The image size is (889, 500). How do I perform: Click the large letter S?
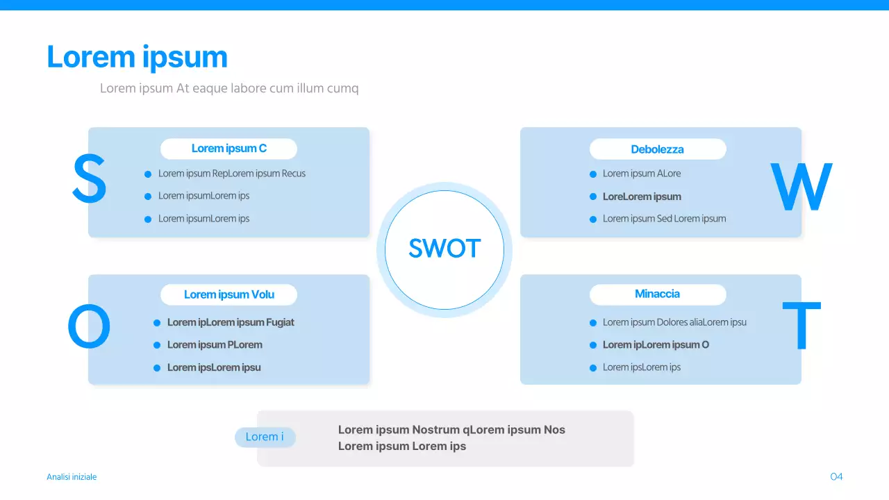point(90,178)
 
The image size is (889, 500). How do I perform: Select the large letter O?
point(89,326)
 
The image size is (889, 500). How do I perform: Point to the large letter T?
point(801,325)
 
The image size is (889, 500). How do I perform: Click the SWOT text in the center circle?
point(444,249)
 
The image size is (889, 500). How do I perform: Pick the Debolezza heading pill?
point(658,149)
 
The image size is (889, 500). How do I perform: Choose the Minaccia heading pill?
point(658,294)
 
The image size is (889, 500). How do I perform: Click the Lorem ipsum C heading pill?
point(229,149)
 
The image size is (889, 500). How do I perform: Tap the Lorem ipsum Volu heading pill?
point(229,294)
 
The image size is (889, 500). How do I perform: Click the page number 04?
point(836,476)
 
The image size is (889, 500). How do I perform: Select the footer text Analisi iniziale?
point(72,476)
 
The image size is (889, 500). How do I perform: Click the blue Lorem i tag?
point(265,437)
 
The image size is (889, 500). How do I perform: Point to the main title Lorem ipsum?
point(137,57)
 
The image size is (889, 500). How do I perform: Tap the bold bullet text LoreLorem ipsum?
point(642,197)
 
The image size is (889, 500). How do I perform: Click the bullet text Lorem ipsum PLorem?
point(215,344)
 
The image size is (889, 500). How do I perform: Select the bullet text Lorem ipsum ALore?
point(641,174)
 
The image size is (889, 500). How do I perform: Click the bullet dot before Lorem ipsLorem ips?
point(593,368)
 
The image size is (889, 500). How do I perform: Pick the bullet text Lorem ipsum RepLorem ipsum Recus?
point(232,174)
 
